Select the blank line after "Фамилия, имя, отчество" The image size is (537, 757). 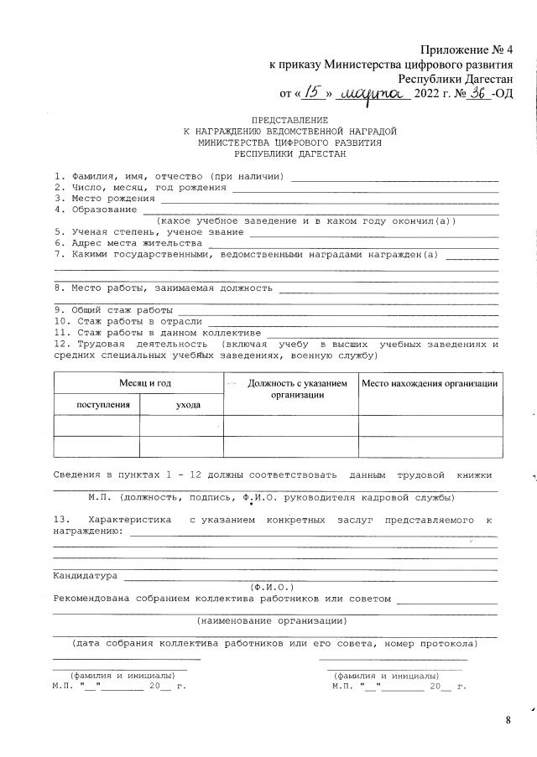coord(394,177)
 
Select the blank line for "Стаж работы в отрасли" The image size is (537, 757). coord(352,321)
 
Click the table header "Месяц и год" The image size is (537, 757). coord(138,382)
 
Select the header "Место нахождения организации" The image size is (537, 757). coord(430,383)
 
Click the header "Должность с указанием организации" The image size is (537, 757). coord(291,389)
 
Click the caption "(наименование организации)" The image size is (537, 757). coord(272,621)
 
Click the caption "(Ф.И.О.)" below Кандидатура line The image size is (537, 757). coord(271,587)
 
